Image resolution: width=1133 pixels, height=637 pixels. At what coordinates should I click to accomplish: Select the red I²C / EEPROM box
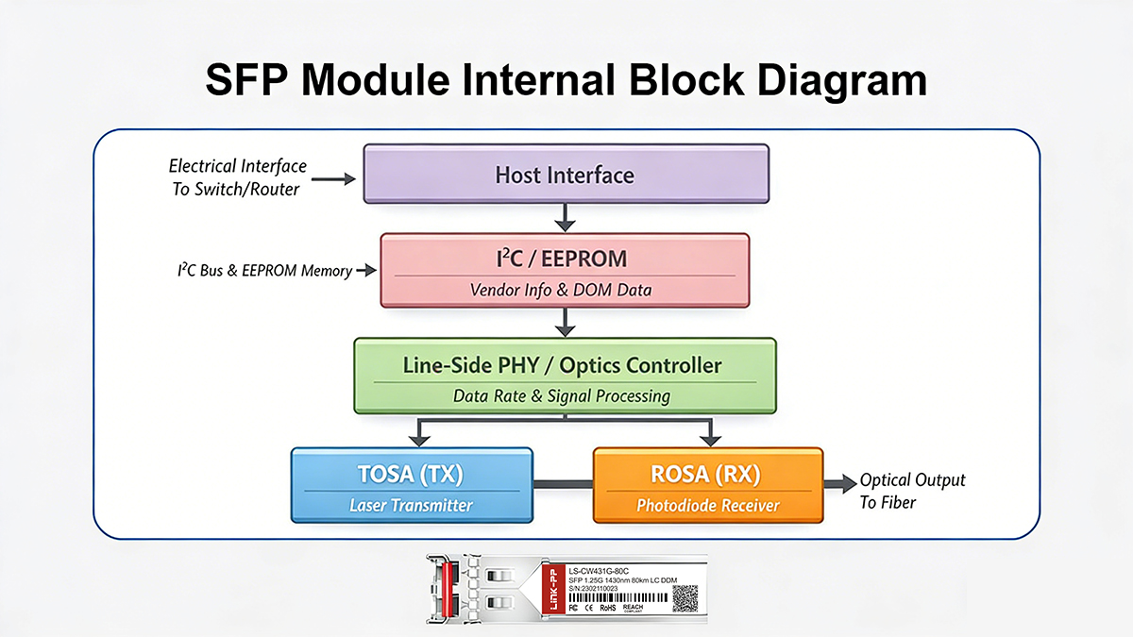click(565, 270)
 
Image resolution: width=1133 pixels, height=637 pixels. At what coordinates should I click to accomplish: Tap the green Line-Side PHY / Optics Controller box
click(565, 376)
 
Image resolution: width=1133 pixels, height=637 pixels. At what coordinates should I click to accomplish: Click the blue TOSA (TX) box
click(412, 485)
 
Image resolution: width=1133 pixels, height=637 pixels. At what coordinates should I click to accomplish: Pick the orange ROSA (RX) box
click(707, 485)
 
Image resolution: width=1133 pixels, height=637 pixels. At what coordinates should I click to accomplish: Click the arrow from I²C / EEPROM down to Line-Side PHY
click(566, 322)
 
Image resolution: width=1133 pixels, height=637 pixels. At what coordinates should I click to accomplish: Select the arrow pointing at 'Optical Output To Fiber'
click(837, 485)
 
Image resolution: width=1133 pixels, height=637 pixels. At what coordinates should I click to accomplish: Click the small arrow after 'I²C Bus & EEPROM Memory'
click(366, 272)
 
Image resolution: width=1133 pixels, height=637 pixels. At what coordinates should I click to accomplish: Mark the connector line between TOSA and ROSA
click(563, 484)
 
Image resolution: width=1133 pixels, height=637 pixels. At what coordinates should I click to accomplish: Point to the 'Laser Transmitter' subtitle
click(411, 506)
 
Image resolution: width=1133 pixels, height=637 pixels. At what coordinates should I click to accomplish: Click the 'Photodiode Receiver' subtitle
click(708, 506)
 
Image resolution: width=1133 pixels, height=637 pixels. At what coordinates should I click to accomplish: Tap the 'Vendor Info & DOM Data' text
click(561, 290)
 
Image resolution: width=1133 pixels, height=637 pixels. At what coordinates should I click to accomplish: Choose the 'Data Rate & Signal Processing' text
click(562, 395)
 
